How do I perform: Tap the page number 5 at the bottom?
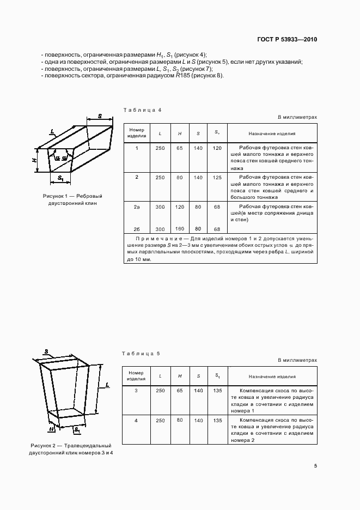coord(315,466)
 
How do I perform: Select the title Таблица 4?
coord(142,110)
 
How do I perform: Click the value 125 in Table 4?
coord(217,178)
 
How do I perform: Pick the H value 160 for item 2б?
coord(179,229)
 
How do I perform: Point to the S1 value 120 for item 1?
coord(217,148)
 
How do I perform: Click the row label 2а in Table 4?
coord(137,207)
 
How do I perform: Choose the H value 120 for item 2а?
coord(179,207)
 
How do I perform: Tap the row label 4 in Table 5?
coord(136,421)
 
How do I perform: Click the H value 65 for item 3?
coord(179,391)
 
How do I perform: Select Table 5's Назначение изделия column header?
coord(272,377)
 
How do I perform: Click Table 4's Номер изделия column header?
coord(136,133)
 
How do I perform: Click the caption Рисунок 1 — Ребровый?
coord(72,196)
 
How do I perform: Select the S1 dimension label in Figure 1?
coord(60,178)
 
